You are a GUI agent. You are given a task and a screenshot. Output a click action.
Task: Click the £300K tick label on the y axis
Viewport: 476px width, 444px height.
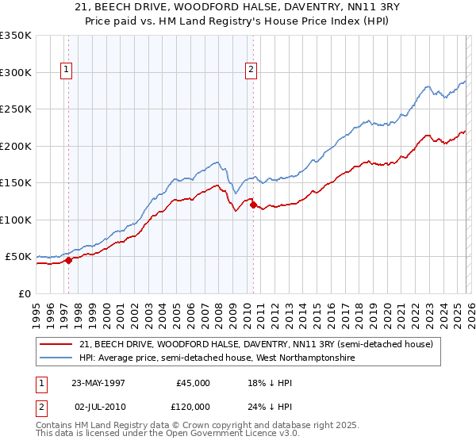16,72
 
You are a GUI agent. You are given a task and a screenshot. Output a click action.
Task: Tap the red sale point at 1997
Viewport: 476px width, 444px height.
69,260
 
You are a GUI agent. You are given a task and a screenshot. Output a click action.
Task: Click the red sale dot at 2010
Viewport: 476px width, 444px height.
253,205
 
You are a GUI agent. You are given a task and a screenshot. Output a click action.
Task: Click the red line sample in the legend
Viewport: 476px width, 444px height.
56,345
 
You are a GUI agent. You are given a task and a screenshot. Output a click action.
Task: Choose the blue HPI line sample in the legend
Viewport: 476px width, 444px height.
56,358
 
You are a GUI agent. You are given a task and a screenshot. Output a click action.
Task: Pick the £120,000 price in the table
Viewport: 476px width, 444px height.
193,406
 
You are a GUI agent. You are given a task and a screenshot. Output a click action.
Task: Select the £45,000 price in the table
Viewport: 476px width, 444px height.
193,383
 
